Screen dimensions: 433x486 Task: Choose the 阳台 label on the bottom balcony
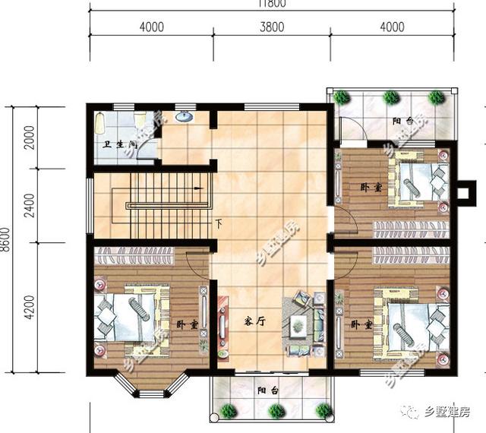click(x=267, y=390)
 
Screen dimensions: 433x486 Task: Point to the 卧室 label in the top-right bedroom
click(x=371, y=187)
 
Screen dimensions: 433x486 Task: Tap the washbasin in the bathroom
click(x=183, y=118)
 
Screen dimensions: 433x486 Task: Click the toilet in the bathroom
click(x=140, y=121)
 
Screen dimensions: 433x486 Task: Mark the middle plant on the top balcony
click(x=390, y=97)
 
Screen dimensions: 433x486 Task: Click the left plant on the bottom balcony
click(x=229, y=411)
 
